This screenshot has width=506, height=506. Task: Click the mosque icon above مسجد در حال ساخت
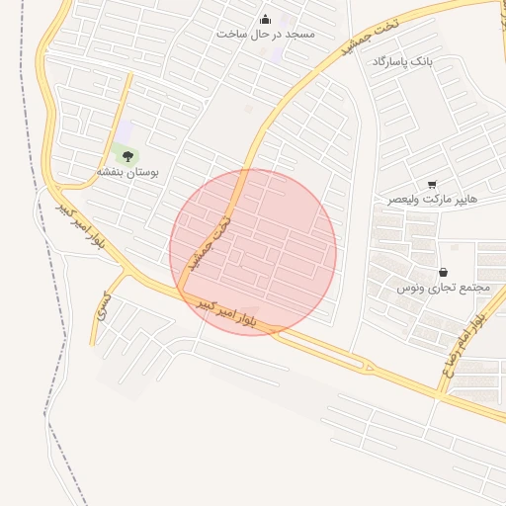(x=265, y=19)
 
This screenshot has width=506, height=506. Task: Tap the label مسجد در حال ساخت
(x=265, y=34)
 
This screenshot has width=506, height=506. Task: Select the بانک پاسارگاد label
(x=402, y=61)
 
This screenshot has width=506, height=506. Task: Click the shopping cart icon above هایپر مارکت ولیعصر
(x=432, y=185)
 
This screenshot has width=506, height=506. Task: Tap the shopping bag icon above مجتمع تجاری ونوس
(x=443, y=273)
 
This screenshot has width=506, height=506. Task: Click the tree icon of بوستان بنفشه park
(x=126, y=155)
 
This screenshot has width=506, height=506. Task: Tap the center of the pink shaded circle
(x=253, y=252)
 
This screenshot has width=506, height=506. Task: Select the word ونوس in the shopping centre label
(x=412, y=288)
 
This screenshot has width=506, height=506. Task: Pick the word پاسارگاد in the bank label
(x=390, y=61)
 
